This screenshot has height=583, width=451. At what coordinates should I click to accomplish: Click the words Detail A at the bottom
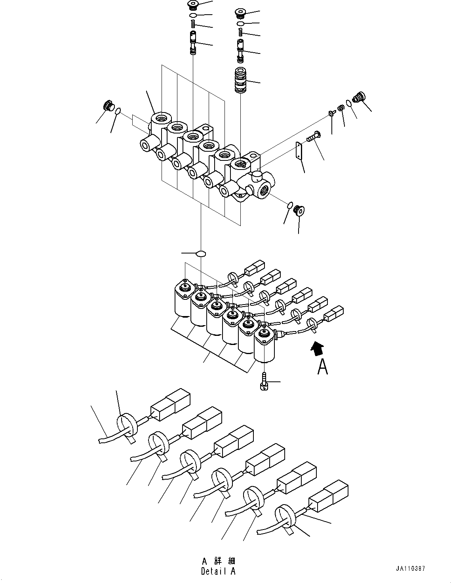218,572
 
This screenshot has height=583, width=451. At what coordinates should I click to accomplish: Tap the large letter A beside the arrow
323,367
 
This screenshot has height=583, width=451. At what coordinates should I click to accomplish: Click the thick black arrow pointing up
318,349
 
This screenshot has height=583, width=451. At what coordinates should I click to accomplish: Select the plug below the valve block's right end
299,211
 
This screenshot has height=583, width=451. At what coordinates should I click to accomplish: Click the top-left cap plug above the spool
193,5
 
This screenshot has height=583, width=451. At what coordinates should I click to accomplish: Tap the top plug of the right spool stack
240,13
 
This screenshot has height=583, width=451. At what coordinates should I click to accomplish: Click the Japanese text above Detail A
218,561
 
